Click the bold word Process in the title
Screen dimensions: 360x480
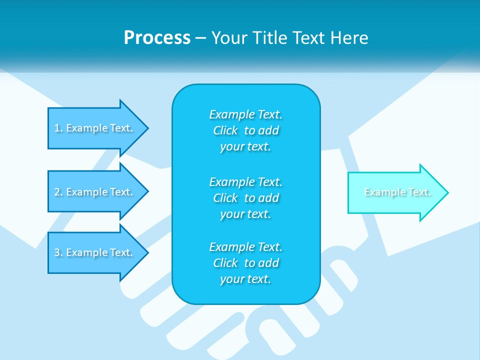[x=157, y=38]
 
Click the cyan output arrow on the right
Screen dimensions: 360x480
[x=395, y=192]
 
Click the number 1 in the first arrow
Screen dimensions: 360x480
[x=57, y=128]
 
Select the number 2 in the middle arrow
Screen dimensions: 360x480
[x=57, y=192]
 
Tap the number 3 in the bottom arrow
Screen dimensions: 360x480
[x=57, y=252]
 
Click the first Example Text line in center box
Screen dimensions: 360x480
[x=245, y=114]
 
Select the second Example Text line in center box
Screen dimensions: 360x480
[x=245, y=181]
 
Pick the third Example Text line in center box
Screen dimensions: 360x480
[x=245, y=247]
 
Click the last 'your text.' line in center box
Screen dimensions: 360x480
[x=245, y=279]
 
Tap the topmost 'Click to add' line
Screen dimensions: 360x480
[x=245, y=130]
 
